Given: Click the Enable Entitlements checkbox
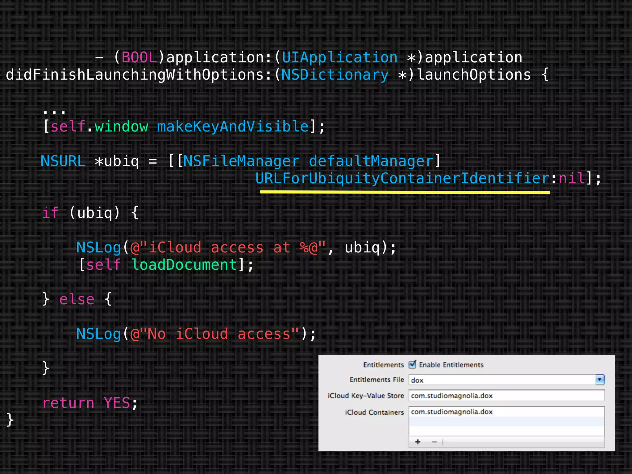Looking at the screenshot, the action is tap(412, 364).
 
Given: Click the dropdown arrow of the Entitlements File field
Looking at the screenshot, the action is tap(600, 380).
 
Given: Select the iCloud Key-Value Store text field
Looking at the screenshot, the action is tap(506, 396).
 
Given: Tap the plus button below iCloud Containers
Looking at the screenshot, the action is tap(418, 442).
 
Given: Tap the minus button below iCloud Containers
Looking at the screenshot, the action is tap(434, 442).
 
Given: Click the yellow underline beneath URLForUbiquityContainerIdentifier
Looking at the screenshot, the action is tap(405, 192).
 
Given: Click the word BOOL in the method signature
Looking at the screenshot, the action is tap(139, 58).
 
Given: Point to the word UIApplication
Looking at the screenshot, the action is tap(340, 58).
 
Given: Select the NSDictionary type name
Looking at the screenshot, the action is tap(335, 75).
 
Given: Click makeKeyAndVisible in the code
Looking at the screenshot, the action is tap(233, 127).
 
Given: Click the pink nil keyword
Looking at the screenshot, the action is tap(572, 178).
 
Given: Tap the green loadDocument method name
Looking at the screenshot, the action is tap(184, 265).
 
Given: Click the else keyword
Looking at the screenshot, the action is tap(77, 299).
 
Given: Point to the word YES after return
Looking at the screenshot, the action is tap(117, 403).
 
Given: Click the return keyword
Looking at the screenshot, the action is tap(68, 403).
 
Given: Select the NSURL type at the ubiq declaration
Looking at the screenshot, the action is tap(63, 161).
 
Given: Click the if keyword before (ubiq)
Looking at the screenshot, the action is tap(50, 213).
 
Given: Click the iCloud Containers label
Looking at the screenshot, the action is tap(374, 412).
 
